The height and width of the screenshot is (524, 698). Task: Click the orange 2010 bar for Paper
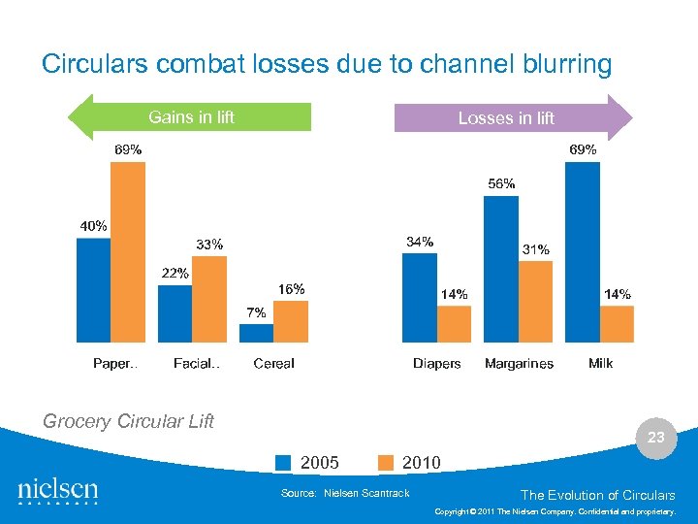coord(128,252)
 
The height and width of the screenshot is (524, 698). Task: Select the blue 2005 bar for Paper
coord(94,290)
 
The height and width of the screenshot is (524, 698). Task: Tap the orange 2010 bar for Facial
coord(209,299)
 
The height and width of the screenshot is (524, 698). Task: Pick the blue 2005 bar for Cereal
coord(256,333)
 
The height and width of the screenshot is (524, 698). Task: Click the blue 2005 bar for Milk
coord(582,252)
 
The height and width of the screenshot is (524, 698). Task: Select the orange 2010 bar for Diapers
coord(454,324)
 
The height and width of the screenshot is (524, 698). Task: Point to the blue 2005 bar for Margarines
coord(500,270)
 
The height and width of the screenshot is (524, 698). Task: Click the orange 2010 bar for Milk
coord(617,324)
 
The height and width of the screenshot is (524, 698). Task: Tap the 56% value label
coord(501,183)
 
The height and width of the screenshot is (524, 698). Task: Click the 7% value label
coord(256,312)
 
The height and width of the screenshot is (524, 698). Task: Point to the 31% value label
coord(536,249)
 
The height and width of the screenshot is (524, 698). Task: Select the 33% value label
coord(209,245)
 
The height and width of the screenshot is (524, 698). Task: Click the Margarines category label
coord(519,364)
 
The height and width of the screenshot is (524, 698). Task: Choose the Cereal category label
coord(273,364)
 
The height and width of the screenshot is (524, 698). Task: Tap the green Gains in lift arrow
coord(190,117)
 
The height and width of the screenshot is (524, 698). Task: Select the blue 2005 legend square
coord(283,463)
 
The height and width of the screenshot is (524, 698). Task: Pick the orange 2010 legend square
coord(385,463)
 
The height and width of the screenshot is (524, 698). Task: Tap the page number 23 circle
coord(656,438)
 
